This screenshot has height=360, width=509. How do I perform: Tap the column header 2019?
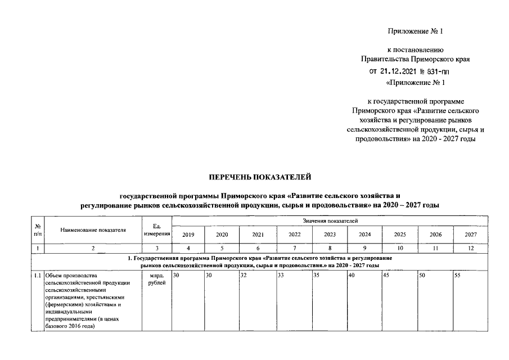[x=188, y=235]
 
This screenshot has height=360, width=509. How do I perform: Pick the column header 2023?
[x=330, y=235]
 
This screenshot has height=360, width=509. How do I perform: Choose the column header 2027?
[x=471, y=235]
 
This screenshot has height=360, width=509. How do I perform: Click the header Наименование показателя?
[x=93, y=229]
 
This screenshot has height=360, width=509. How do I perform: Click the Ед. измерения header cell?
[x=157, y=229]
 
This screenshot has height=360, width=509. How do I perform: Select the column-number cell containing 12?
[x=471, y=247]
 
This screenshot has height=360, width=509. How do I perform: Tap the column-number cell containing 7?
[x=294, y=247]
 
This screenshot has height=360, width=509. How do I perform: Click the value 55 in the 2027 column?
[x=459, y=276]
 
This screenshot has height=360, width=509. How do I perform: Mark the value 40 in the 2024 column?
[x=352, y=276]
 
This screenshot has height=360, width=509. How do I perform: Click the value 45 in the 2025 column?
[x=387, y=276]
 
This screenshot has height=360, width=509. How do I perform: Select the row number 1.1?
[x=37, y=276]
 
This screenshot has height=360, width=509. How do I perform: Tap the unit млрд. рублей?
[x=157, y=279]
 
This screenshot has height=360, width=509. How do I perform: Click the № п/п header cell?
[x=37, y=229]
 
